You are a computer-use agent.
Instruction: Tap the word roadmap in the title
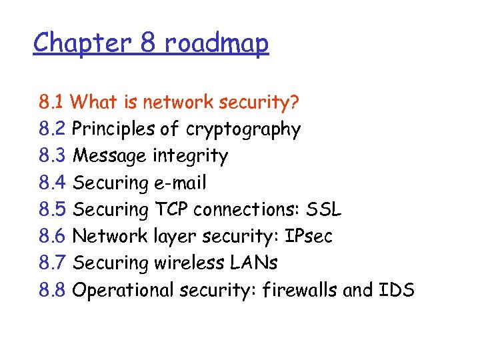coord(217,45)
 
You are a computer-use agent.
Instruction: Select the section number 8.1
coord(51,103)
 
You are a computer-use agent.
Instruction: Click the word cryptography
coord(243,130)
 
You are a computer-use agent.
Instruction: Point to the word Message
coord(110,157)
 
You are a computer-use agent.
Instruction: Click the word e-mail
coord(179,183)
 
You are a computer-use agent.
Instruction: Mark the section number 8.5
coord(52,209)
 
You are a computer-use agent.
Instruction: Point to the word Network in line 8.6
coord(109,236)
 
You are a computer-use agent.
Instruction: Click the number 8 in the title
coord(148,43)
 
